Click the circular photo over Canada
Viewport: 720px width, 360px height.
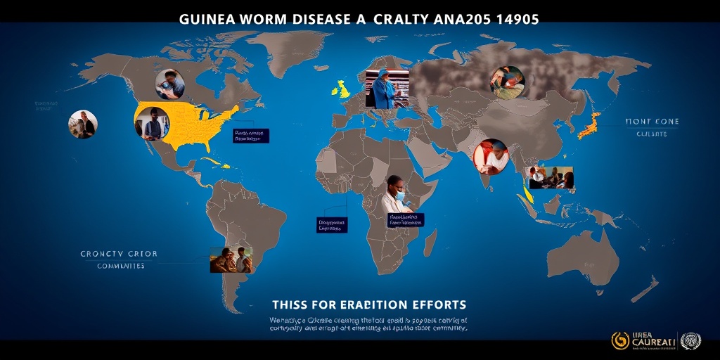(x=169, y=84)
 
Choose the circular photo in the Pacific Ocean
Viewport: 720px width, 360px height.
(x=83, y=124)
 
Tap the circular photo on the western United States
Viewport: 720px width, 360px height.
(x=152, y=124)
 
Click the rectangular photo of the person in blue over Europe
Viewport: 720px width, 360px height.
(x=386, y=89)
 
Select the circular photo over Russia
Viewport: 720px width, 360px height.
(x=507, y=82)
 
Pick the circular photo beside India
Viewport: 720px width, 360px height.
(x=491, y=157)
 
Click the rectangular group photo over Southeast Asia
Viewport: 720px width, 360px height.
(x=551, y=178)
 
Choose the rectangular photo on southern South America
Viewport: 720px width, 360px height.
(x=231, y=259)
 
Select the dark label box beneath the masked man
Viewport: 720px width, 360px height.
(x=406, y=220)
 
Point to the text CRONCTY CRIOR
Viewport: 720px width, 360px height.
(x=119, y=254)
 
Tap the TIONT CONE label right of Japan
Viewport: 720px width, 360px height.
(x=652, y=122)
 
